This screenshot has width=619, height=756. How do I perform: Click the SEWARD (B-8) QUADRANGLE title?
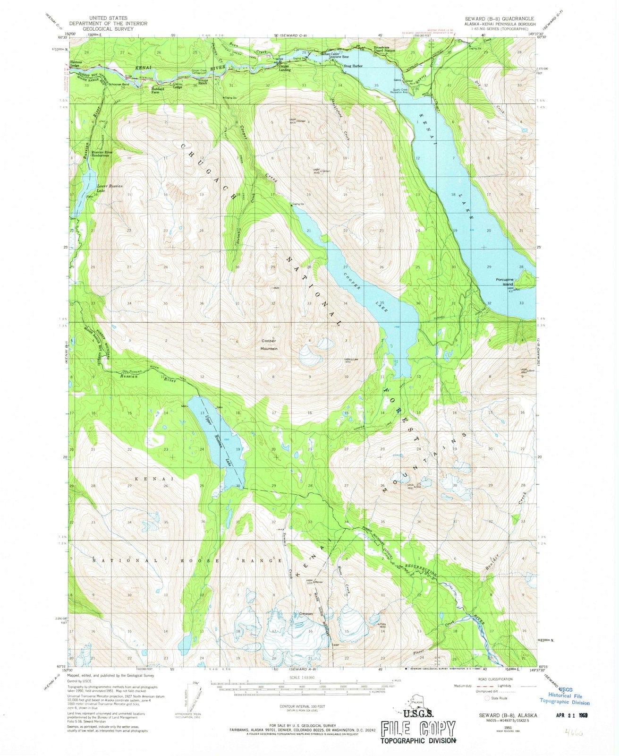(500, 18)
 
